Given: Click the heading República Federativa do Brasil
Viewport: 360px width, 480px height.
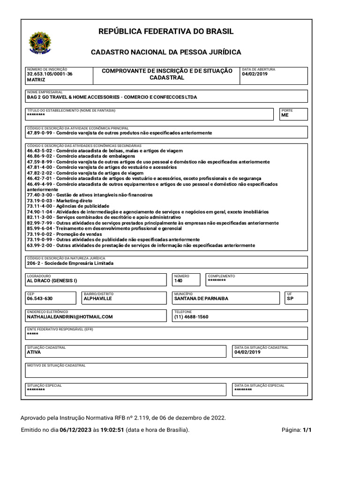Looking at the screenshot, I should tap(165, 31).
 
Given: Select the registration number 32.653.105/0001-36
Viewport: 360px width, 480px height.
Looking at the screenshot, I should tap(49, 74).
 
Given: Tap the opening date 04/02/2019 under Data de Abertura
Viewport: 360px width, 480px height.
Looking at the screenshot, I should tap(255, 74).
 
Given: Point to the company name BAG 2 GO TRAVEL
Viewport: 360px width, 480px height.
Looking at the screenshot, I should tap(112, 97).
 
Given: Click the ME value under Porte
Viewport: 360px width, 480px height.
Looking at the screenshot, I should tap(285, 115).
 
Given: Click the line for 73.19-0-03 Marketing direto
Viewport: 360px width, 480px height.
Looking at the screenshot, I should tap(60, 201).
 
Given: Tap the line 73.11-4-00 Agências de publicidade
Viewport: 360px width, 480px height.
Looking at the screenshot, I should tap(67, 206).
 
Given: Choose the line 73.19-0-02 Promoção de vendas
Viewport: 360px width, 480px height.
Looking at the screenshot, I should tap(64, 234).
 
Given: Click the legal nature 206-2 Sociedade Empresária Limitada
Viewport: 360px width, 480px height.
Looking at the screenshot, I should tap(70, 263).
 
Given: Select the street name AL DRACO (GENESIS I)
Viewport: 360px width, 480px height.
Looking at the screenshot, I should tap(52, 281).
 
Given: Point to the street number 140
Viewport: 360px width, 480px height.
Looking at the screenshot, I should tap(178, 281).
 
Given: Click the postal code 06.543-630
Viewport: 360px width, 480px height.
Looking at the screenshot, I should tap(39, 299).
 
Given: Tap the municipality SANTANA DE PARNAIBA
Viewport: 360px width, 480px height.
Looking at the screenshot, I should tap(201, 299).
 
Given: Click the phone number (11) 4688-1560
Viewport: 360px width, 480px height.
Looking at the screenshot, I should tap(191, 317).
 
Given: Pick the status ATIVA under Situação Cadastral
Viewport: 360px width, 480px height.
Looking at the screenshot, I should tap(34, 352).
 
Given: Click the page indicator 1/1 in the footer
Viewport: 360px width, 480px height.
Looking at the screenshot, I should tap(307, 430).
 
